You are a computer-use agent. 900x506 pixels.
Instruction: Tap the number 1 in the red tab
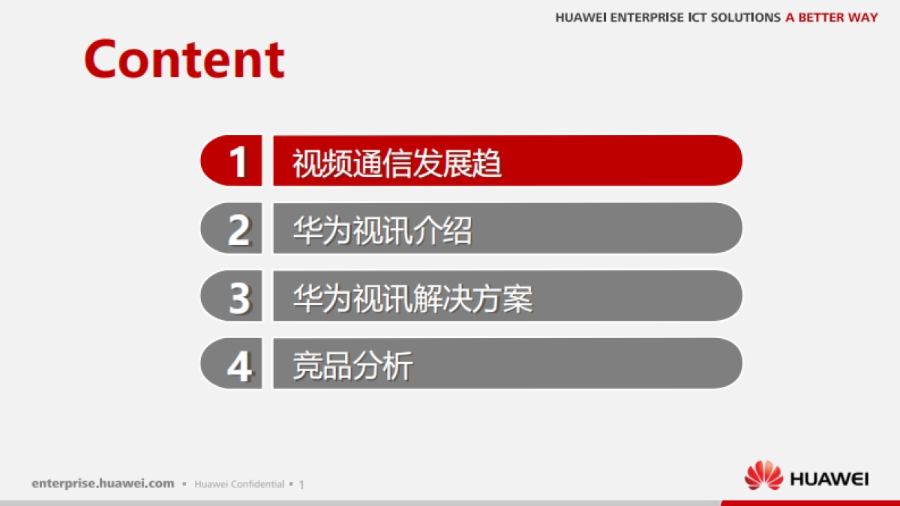click(238, 161)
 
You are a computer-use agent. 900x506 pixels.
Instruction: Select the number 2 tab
click(238, 229)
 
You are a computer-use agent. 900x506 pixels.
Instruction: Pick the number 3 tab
click(238, 297)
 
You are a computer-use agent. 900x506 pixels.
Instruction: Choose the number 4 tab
click(238, 365)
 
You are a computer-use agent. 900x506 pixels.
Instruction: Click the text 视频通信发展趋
click(397, 163)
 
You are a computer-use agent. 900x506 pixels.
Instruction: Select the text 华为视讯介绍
click(382, 230)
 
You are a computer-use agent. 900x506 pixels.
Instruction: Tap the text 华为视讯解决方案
click(412, 298)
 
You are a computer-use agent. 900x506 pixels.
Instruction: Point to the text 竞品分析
click(352, 367)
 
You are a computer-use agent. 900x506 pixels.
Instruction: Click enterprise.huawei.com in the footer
click(103, 484)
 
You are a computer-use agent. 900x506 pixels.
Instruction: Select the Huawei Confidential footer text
click(239, 484)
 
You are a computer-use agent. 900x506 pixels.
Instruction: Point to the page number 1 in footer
click(301, 484)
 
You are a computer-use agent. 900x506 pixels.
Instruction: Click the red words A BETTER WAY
click(831, 17)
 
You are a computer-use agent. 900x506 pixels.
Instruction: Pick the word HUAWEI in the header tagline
click(581, 17)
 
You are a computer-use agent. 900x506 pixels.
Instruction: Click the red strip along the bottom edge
click(810, 503)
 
